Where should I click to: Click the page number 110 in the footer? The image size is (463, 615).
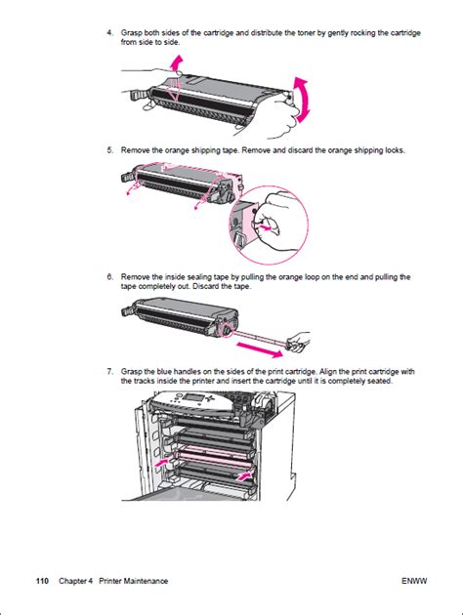click(42, 581)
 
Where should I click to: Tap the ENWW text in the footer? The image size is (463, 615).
click(414, 581)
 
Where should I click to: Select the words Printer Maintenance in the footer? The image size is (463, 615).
click(133, 581)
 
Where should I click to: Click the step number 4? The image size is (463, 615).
click(109, 33)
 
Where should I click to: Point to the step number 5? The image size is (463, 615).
click(109, 150)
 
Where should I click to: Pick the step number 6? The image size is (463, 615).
click(109, 277)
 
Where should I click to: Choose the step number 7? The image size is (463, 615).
click(109, 371)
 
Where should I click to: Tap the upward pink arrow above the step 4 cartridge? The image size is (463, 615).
click(178, 62)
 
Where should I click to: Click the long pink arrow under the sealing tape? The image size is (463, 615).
click(260, 349)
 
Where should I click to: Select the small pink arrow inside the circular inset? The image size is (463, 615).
click(264, 227)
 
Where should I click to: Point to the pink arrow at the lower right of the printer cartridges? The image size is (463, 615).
click(243, 476)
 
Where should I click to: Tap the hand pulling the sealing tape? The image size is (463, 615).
click(299, 341)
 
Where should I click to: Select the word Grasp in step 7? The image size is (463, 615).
click(132, 371)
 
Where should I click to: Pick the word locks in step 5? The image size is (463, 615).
click(395, 150)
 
